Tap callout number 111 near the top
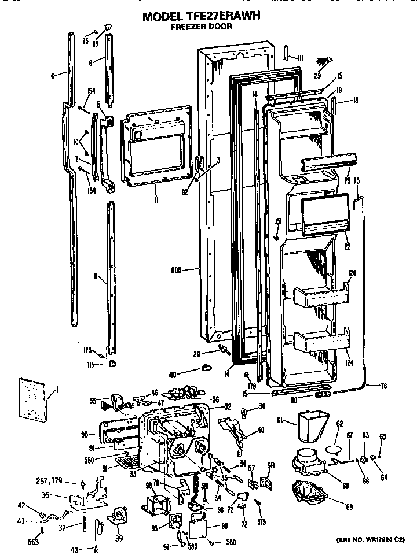[x=301, y=57]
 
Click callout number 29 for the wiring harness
[x=317, y=76]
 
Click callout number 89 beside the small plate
[x=225, y=526]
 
